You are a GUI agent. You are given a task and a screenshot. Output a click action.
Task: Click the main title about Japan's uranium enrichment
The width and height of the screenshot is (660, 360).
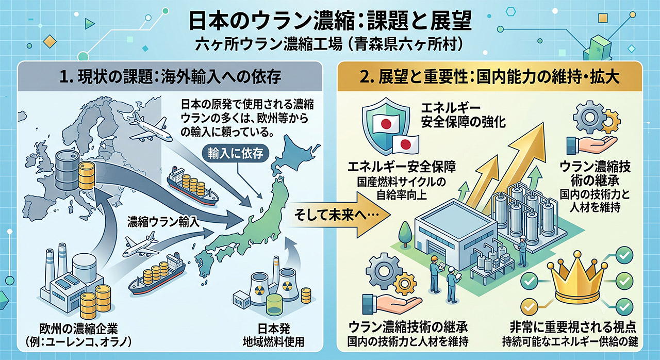[330, 21]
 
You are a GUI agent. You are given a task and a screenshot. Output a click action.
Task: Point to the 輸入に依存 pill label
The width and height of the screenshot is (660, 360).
[235, 153]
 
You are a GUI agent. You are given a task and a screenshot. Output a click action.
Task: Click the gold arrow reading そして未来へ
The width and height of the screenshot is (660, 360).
[339, 216]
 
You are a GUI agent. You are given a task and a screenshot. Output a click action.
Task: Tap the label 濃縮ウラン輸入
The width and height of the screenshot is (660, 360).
[163, 222]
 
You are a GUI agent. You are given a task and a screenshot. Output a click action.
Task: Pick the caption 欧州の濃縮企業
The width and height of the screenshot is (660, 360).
[78, 329]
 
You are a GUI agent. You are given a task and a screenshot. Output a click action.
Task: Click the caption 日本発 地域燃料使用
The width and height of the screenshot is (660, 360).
[273, 335]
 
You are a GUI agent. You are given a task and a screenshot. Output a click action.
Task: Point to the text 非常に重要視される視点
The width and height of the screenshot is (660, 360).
[573, 327]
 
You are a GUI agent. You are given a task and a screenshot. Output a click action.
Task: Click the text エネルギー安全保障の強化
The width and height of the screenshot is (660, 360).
[463, 115]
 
